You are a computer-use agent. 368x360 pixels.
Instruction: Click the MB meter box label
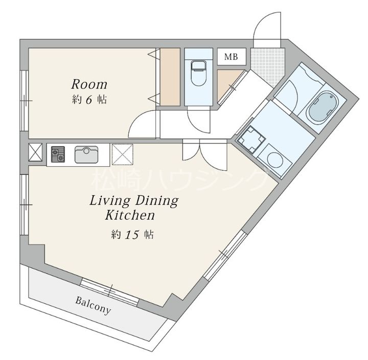click(x=231, y=57)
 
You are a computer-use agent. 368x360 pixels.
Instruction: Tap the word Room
click(x=89, y=84)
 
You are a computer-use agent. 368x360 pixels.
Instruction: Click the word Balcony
click(x=93, y=305)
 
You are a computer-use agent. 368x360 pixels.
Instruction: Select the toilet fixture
click(x=198, y=73)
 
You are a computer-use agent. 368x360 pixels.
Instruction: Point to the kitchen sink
click(x=86, y=154)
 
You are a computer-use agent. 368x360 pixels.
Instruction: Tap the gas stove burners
click(x=58, y=154)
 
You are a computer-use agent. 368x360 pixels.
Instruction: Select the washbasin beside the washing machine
click(x=251, y=140)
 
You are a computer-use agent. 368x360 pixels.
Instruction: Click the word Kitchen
click(x=130, y=215)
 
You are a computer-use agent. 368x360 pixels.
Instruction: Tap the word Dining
click(x=157, y=201)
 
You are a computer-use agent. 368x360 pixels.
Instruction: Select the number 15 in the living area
click(x=132, y=234)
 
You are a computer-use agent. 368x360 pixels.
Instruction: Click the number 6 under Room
click(x=89, y=100)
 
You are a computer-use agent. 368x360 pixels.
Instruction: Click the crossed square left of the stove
click(x=35, y=152)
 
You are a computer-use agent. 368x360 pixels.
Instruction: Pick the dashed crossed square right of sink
click(x=123, y=154)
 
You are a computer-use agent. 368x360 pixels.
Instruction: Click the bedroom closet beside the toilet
click(x=170, y=77)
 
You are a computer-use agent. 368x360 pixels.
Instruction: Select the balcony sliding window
click(x=109, y=292)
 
